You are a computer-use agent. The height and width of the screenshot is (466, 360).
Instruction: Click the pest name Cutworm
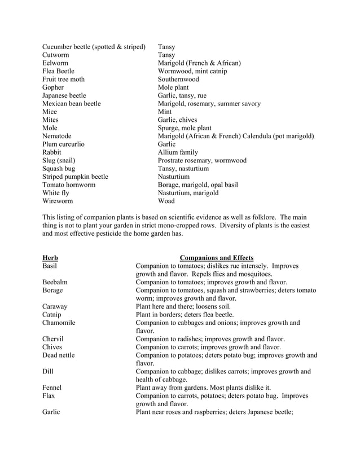coord(56,55)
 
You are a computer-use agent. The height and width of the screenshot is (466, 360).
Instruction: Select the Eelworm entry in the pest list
coord(55,63)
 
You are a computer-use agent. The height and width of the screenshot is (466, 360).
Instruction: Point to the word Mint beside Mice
coord(165,112)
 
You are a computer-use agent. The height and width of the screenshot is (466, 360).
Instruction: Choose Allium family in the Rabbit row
coord(178,152)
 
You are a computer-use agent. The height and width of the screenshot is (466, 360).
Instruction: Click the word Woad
coord(166,201)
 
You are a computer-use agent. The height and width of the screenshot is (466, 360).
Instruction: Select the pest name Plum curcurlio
coord(63,144)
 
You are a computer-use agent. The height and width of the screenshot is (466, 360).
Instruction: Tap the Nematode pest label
coord(57,136)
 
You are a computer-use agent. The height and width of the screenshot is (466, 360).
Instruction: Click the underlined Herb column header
coord(50,258)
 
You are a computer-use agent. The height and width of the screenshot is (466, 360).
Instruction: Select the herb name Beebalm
coord(55,282)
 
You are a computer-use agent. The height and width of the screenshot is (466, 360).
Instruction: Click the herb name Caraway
coord(55,306)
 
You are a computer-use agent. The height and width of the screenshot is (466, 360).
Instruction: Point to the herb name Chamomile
coord(59,323)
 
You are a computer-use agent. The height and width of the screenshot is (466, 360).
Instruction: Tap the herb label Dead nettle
coord(58,355)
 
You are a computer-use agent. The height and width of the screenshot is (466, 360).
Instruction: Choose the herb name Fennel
coord(52,388)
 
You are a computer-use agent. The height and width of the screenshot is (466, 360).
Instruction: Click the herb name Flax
coord(49,396)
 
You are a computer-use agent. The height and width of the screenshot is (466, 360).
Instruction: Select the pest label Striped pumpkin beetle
coord(75,177)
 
